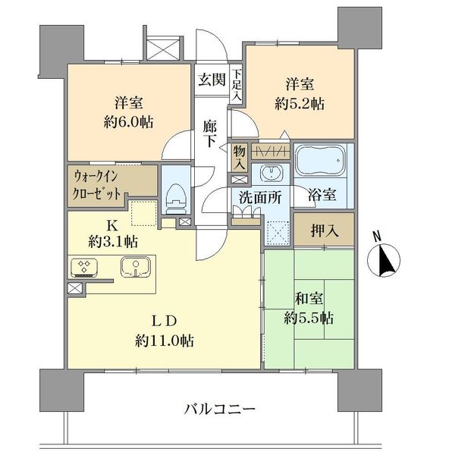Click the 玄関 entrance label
pos(212,80)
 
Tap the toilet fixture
pos(175,198)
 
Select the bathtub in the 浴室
pos(320,160)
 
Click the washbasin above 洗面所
pos(271,173)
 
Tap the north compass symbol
pos(384,256)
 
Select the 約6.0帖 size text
pos(129,122)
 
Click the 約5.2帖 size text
pos(300,104)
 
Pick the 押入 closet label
pos(325,231)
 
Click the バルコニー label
pos(220,409)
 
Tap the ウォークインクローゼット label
pos(96,185)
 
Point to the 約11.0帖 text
pos(165,340)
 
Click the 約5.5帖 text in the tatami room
pos(309,318)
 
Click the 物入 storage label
pos(240,158)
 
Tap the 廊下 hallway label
pos(210,133)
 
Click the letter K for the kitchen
pos(112,225)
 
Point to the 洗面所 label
pos(260,198)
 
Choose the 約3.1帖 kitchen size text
pos(113,241)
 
